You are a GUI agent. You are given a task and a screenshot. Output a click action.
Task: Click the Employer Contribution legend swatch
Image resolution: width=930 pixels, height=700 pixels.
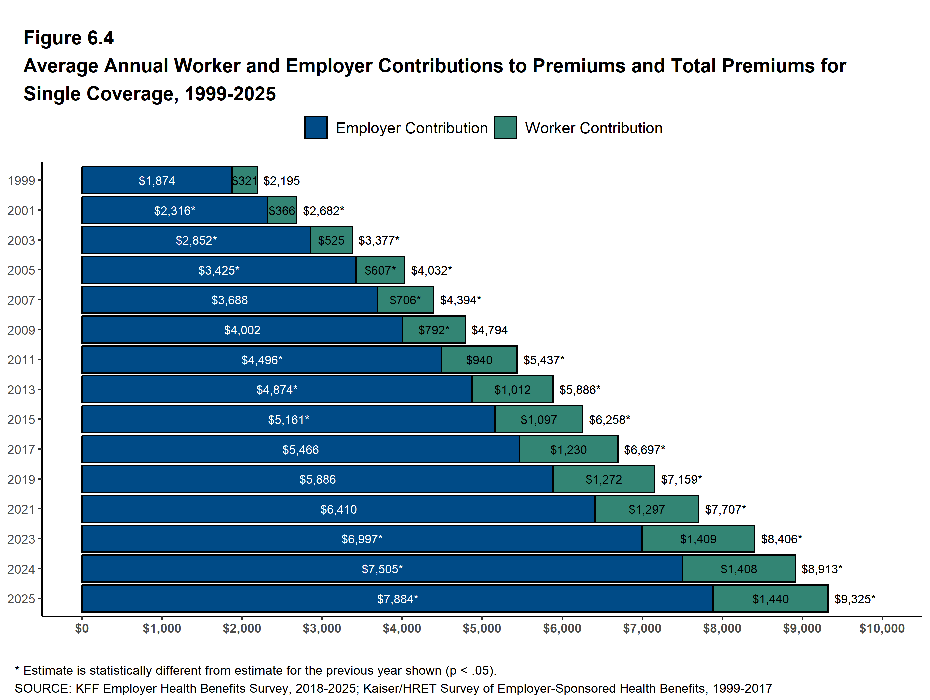(316, 127)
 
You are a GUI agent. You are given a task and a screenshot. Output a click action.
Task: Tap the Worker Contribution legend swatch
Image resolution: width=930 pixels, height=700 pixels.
(505, 127)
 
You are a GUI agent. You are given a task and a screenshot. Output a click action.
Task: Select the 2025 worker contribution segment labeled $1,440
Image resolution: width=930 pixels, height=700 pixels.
(770, 598)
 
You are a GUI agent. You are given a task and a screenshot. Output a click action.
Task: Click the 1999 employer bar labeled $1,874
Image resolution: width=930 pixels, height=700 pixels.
(157, 180)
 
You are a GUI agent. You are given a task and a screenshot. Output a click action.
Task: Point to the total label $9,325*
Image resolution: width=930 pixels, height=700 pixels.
(855, 599)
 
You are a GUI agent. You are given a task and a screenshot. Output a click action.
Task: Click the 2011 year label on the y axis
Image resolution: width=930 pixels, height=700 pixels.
(21, 360)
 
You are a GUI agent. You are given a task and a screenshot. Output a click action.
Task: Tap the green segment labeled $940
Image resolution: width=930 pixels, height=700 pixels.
(479, 360)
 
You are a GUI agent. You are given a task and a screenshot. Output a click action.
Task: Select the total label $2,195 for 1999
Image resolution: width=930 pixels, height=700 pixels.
(281, 181)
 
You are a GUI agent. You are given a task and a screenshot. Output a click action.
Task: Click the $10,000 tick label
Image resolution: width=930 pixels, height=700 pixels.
(882, 628)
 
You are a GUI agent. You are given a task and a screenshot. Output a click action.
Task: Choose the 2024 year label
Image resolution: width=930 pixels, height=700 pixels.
(21, 569)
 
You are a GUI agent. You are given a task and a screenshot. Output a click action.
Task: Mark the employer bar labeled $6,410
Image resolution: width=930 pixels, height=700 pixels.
(338, 509)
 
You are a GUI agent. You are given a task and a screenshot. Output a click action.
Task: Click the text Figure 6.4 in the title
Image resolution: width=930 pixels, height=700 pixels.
(69, 38)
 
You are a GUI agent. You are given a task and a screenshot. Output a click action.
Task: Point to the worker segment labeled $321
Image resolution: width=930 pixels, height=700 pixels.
(245, 180)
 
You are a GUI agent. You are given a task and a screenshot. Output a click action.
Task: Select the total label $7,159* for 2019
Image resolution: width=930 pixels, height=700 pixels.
(681, 479)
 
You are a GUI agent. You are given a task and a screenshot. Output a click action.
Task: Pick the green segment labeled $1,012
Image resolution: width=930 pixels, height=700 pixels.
(513, 390)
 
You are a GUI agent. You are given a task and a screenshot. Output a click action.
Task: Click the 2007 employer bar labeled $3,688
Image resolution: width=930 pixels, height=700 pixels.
(230, 300)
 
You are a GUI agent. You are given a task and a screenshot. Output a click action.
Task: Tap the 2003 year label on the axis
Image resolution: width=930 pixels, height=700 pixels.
(21, 240)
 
